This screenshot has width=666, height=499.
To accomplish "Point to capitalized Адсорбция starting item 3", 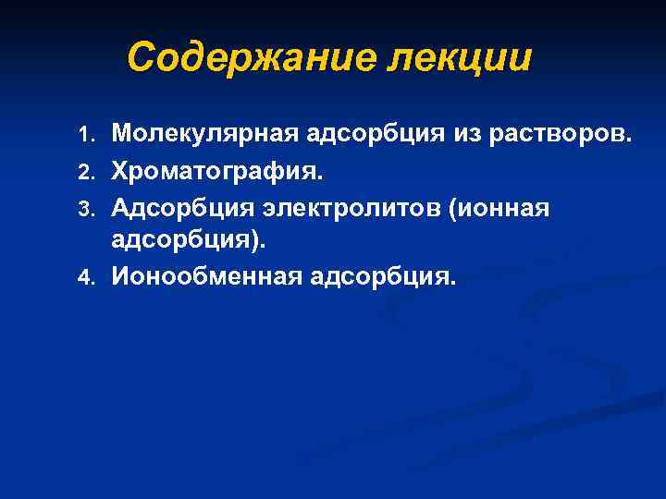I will pos(179,208).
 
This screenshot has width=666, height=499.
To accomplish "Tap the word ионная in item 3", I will pos(504,208).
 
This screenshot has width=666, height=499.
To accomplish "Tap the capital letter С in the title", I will pos(140,57).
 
